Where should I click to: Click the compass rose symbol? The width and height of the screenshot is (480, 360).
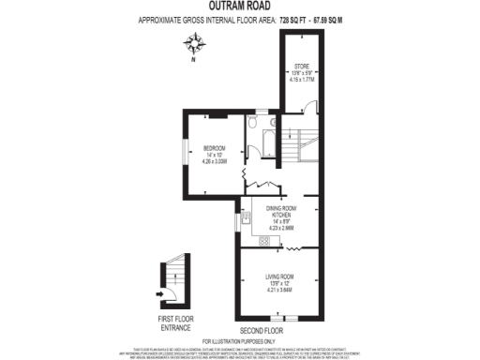tap(196, 43)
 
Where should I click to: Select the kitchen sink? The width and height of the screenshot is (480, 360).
tap(246, 221)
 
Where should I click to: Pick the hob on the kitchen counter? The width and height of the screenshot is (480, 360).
tap(264, 241)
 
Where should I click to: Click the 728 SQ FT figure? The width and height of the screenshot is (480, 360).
tap(298, 19)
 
